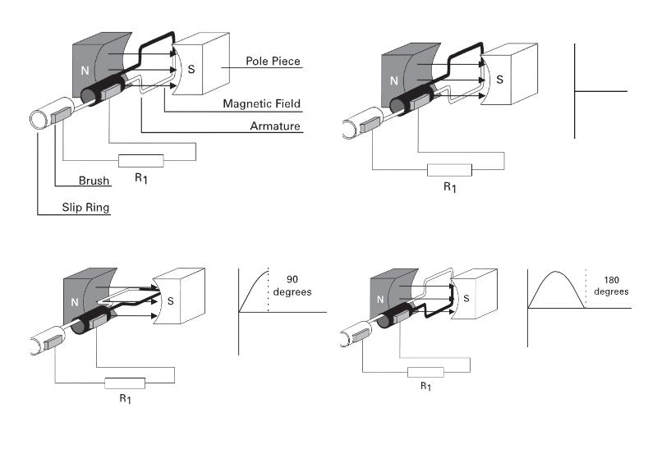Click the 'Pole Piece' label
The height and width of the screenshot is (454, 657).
(273, 61)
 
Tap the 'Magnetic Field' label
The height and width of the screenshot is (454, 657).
(261, 103)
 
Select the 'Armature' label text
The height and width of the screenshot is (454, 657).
(275, 126)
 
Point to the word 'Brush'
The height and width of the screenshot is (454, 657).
(94, 181)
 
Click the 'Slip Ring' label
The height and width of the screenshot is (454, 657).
(85, 208)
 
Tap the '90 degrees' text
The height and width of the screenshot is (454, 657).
(292, 286)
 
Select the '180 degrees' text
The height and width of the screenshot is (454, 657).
(611, 286)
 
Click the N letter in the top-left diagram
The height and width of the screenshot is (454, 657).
(85, 71)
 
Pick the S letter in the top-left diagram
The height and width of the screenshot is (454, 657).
(191, 69)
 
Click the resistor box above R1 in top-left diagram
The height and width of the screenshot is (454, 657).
(140, 161)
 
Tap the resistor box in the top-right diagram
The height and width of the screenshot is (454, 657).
(449, 170)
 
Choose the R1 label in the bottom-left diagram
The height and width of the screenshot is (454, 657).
(126, 398)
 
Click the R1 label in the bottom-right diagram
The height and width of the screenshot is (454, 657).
(425, 386)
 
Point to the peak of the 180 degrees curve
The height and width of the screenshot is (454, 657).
(556, 272)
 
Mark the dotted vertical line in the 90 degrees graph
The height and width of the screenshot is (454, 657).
(269, 289)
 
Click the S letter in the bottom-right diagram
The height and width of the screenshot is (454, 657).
(466, 298)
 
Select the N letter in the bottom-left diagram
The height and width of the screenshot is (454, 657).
(75, 302)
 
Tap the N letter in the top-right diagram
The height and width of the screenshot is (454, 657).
(394, 80)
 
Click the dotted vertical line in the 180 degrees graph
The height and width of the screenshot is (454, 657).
(586, 288)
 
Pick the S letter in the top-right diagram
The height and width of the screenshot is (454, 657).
(499, 80)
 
